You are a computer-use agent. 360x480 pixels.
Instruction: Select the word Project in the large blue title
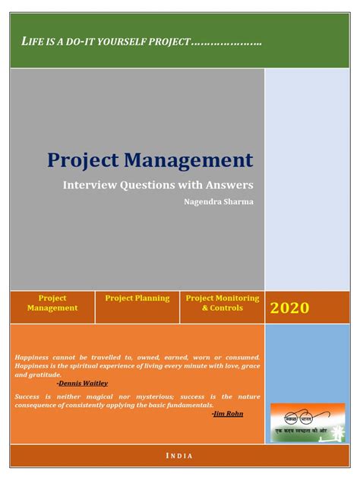[x=83, y=159]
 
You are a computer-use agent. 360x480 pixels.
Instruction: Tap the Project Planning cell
[x=137, y=298]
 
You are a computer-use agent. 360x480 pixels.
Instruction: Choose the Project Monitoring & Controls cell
[x=223, y=303]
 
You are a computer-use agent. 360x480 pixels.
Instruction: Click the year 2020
[x=289, y=308]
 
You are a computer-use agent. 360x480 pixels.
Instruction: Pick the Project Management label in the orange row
[x=52, y=303]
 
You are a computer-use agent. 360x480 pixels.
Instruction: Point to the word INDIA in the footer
[x=179, y=456]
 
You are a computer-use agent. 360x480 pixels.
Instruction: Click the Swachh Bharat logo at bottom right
[x=307, y=422]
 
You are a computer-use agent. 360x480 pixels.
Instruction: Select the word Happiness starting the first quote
[x=34, y=357]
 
